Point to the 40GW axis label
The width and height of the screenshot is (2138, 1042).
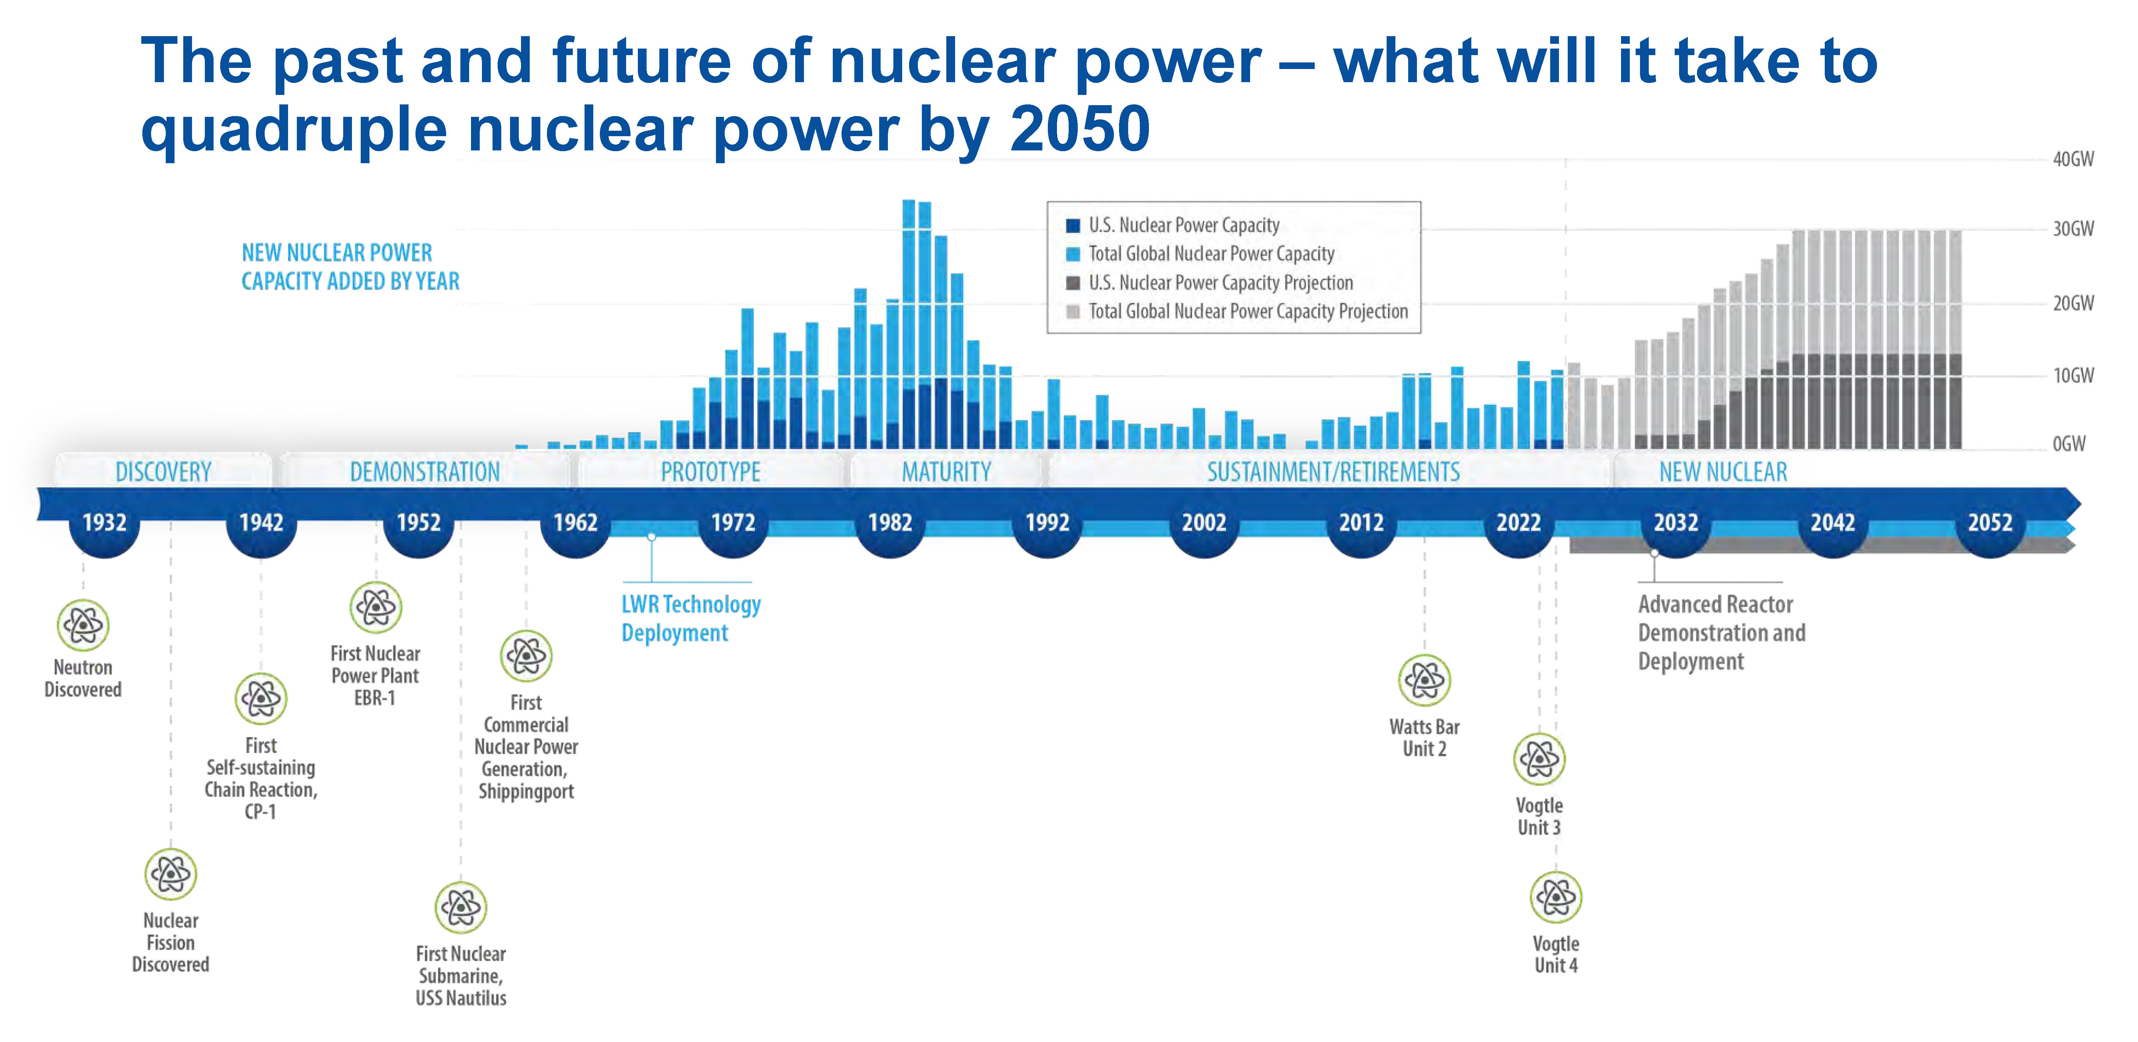click(x=2072, y=158)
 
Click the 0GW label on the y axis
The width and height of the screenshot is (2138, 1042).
click(x=2068, y=444)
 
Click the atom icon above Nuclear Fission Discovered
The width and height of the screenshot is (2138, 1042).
click(x=171, y=873)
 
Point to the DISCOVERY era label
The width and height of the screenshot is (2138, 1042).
click(x=164, y=472)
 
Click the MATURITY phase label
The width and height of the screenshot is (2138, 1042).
click(x=946, y=472)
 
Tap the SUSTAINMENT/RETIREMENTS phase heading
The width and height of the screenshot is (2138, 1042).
click(x=1333, y=472)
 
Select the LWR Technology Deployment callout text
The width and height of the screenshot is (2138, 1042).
click(x=690, y=618)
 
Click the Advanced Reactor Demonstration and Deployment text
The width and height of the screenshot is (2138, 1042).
click(x=1721, y=633)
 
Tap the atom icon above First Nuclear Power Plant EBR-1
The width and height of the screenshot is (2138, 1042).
click(x=376, y=607)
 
